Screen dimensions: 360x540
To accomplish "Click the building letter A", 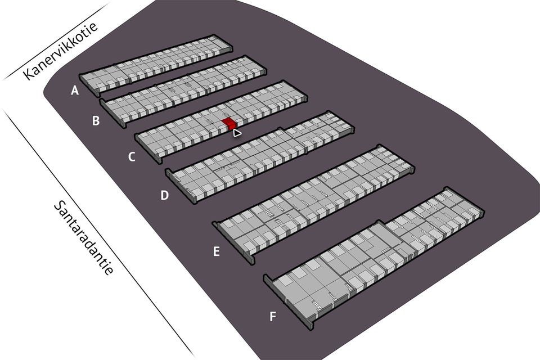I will (75, 90).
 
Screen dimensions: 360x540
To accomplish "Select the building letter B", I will (96, 120).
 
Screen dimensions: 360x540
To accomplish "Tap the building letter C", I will (132, 156).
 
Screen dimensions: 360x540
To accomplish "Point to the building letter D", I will (164, 195).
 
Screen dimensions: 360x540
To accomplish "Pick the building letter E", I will (216, 251).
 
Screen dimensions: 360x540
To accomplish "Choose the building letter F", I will (273, 316).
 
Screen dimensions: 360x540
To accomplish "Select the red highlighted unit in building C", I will (229, 123).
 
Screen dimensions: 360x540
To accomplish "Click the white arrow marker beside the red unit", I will (237, 133).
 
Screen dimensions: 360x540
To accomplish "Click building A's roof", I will (157, 64).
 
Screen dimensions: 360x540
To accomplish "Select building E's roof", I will (315, 202).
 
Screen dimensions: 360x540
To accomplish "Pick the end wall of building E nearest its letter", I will (232, 242).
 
